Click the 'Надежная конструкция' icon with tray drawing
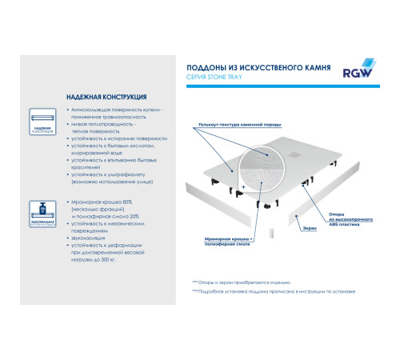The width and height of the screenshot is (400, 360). point(42,119)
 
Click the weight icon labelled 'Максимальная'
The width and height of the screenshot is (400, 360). point(42,212)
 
